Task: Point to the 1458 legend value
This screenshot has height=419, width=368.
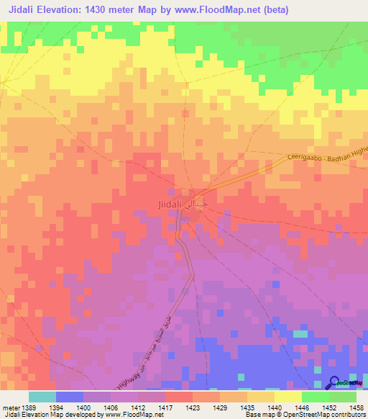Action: [356, 407]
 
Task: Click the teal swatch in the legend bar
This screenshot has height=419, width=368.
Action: [42, 397]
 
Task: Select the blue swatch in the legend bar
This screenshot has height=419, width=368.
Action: [69, 397]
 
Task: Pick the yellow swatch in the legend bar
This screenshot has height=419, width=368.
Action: [287, 397]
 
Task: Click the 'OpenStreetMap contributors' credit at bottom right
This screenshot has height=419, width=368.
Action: [323, 415]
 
